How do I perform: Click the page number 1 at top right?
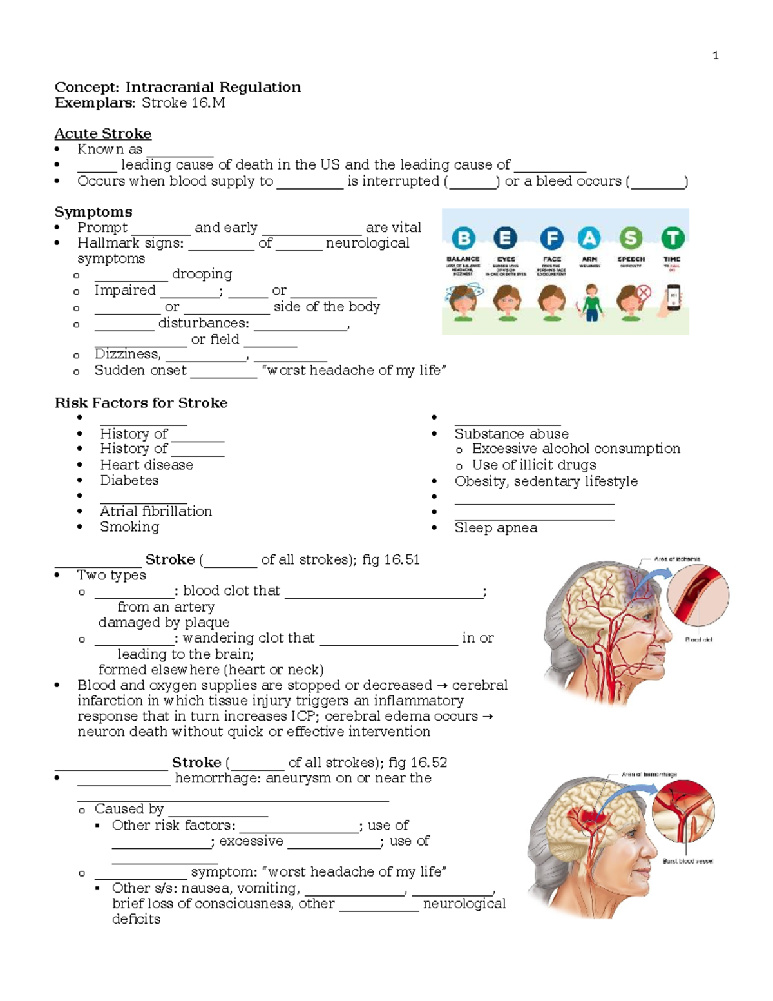[715, 55]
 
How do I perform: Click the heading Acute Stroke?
[103, 133]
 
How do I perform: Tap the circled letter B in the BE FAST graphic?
[463, 238]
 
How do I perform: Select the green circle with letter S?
[631, 238]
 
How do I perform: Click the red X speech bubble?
[643, 293]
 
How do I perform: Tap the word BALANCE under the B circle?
[463, 259]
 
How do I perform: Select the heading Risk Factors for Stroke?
[141, 403]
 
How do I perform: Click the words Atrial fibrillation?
[156, 511]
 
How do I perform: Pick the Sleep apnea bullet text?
[495, 528]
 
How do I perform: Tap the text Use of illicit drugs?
[533, 465]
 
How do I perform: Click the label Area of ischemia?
[677, 559]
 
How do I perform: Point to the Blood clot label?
[698, 640]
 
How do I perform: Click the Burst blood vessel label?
[687, 861]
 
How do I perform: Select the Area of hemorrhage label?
[649, 775]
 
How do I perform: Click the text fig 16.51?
[391, 559]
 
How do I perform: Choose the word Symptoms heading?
[93, 212]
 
